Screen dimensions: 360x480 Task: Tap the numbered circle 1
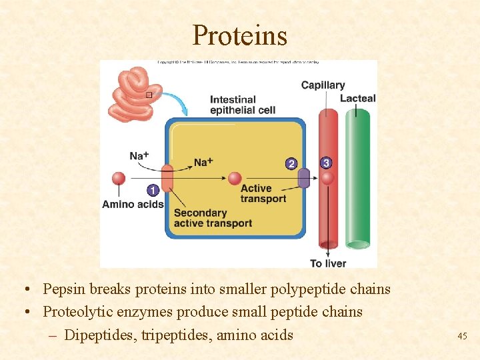coord(152,191)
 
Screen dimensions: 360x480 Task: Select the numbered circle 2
coord(291,163)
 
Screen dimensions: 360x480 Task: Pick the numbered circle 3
coord(325,163)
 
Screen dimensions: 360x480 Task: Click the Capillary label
coord(323,85)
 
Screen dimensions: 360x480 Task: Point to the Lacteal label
coord(358,99)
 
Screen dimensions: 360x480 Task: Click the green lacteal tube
coord(358,180)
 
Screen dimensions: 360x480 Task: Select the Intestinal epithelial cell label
coord(242,105)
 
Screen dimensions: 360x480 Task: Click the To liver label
coord(328,263)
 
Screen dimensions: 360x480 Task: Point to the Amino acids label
coord(133,205)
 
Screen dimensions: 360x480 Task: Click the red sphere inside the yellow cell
coord(235,178)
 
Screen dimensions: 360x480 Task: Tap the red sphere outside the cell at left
coord(119,178)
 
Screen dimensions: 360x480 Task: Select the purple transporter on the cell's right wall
coord(303,179)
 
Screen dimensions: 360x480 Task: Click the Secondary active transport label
coord(213,218)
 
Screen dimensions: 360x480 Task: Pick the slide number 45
coord(462,337)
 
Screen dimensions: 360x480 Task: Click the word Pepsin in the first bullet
coord(63,289)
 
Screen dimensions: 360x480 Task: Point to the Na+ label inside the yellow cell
coord(203,162)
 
